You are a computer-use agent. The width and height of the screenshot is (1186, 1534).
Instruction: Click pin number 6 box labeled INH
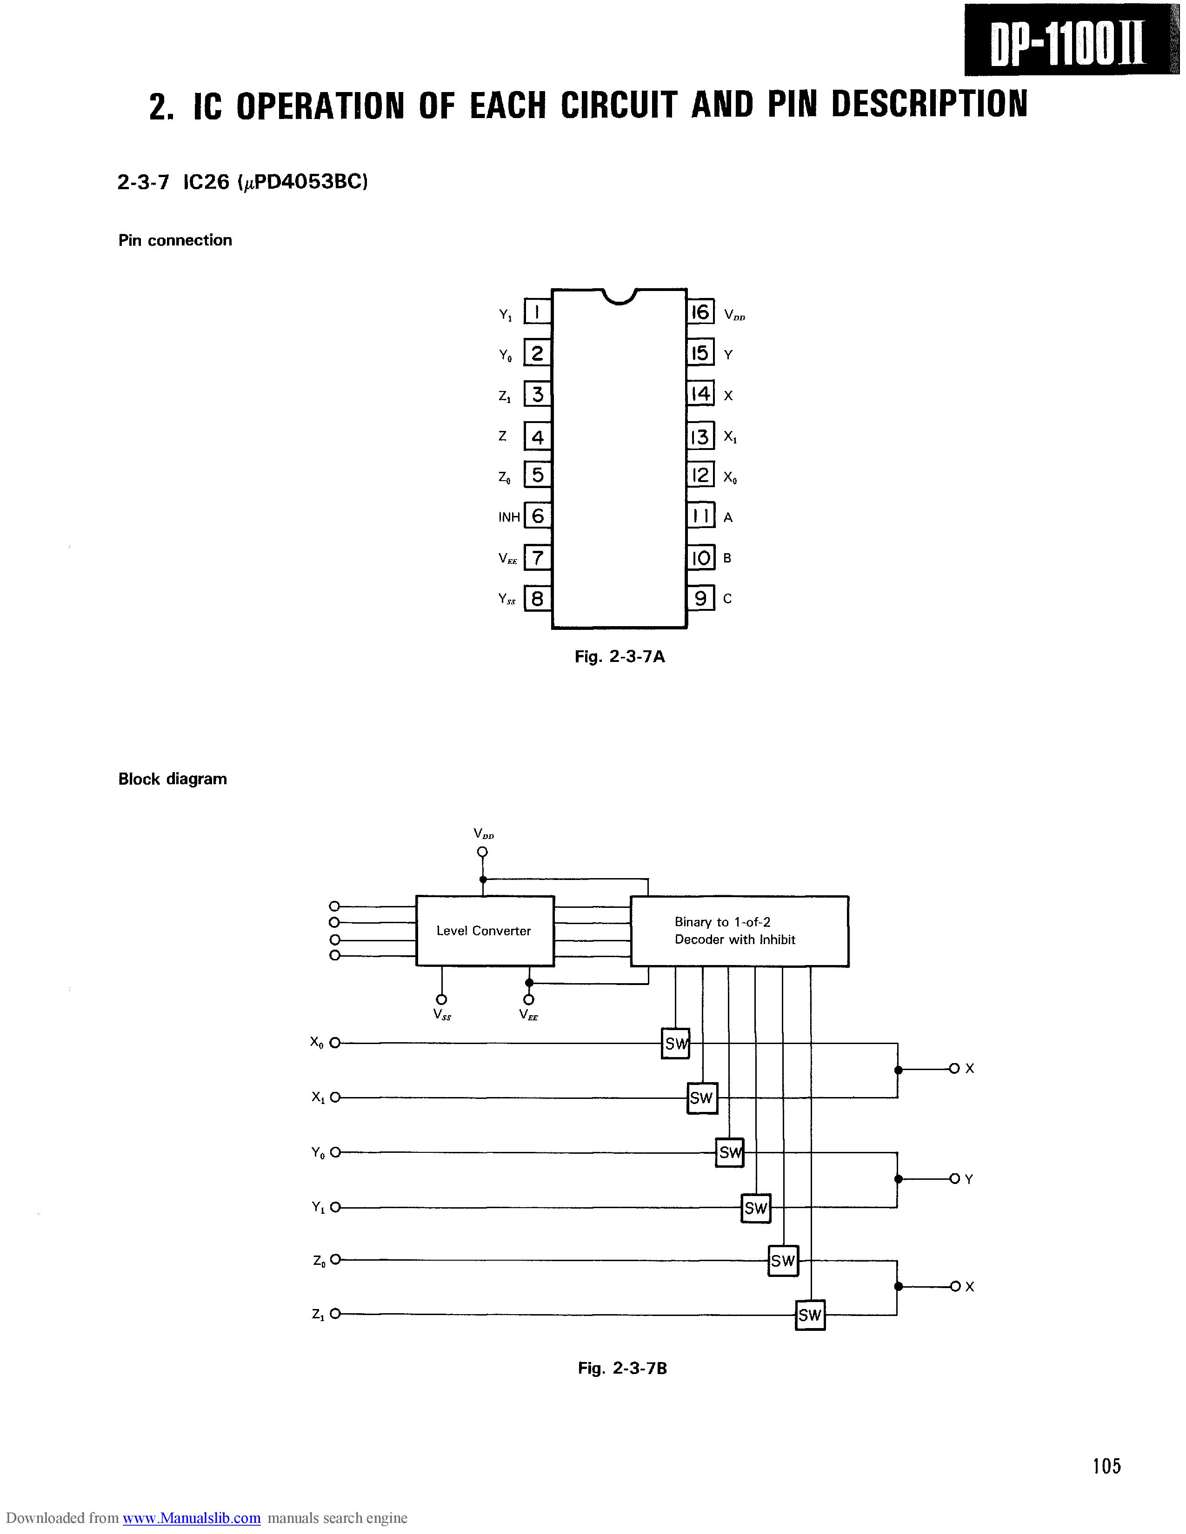538,517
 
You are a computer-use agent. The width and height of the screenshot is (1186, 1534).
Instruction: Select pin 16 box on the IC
700,312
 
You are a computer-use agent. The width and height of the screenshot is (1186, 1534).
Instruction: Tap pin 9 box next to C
700,598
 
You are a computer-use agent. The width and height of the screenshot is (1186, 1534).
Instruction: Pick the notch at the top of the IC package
619,297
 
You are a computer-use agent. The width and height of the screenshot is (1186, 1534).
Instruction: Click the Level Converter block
485,931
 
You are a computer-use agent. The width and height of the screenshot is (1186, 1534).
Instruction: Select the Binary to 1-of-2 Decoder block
739,931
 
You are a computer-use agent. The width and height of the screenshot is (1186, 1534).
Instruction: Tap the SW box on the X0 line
675,1044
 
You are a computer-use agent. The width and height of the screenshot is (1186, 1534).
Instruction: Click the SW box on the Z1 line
810,1315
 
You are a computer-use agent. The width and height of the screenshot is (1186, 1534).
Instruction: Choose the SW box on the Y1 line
756,1208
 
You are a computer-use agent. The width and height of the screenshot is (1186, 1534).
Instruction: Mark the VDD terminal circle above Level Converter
482,852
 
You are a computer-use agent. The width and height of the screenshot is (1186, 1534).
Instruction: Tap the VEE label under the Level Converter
528,1014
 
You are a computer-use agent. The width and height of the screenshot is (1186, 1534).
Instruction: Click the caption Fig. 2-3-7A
620,657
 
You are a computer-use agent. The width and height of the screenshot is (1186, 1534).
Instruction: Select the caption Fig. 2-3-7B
622,1368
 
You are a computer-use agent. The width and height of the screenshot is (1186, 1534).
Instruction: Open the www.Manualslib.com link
192,1518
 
